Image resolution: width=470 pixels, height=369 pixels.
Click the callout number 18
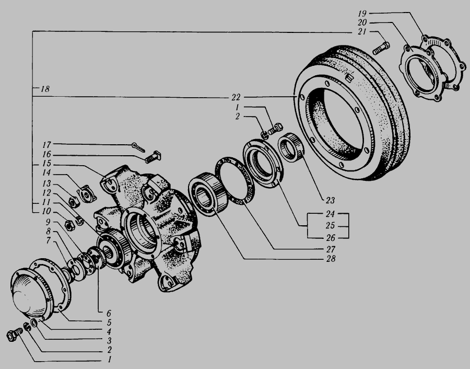tap(45, 89)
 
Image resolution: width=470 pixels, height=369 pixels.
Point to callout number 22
tap(236, 97)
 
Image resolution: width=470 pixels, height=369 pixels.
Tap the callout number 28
tap(331, 259)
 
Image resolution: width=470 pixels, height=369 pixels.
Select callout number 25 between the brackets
tap(330, 226)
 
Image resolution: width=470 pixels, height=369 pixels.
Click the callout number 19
tap(362, 14)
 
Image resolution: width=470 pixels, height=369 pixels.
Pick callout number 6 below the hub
tap(109, 314)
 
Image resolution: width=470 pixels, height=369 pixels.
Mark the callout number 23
tap(330, 200)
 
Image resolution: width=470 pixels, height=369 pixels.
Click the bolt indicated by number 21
tap(381, 48)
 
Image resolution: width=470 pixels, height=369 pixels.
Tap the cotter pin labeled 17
tap(138, 147)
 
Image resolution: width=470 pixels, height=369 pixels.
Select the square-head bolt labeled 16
tap(153, 157)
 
